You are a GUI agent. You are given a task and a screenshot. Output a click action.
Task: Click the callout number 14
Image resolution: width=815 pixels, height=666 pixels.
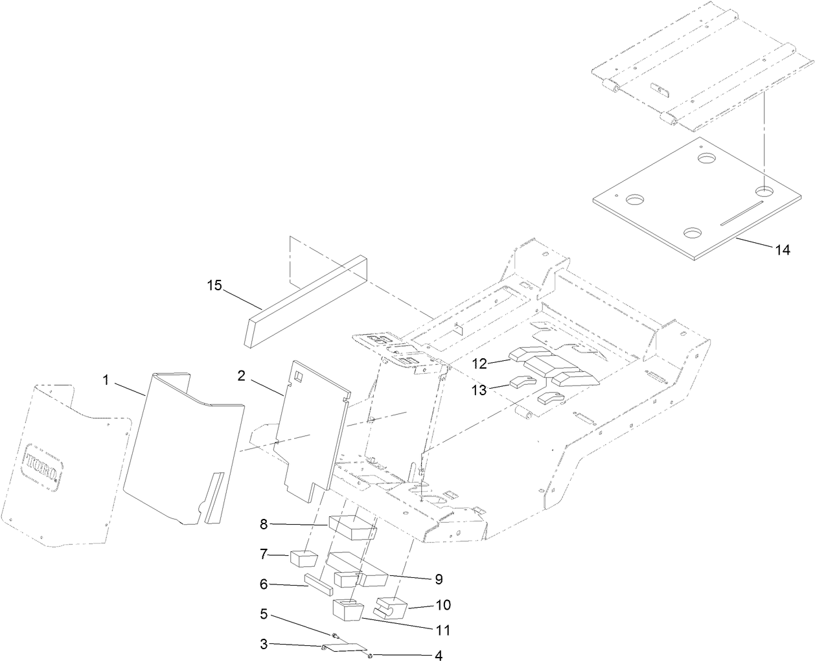783,250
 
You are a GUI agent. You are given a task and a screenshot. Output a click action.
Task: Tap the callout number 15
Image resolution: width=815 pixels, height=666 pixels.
214,284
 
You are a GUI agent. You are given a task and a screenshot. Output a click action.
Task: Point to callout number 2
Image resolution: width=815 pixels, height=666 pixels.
241,376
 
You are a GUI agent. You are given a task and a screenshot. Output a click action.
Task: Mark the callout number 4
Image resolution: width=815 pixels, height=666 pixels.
439,656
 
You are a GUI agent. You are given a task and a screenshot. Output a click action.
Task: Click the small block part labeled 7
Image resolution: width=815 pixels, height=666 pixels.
303,558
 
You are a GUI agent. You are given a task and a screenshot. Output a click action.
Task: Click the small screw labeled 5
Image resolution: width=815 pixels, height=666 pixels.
336,636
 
